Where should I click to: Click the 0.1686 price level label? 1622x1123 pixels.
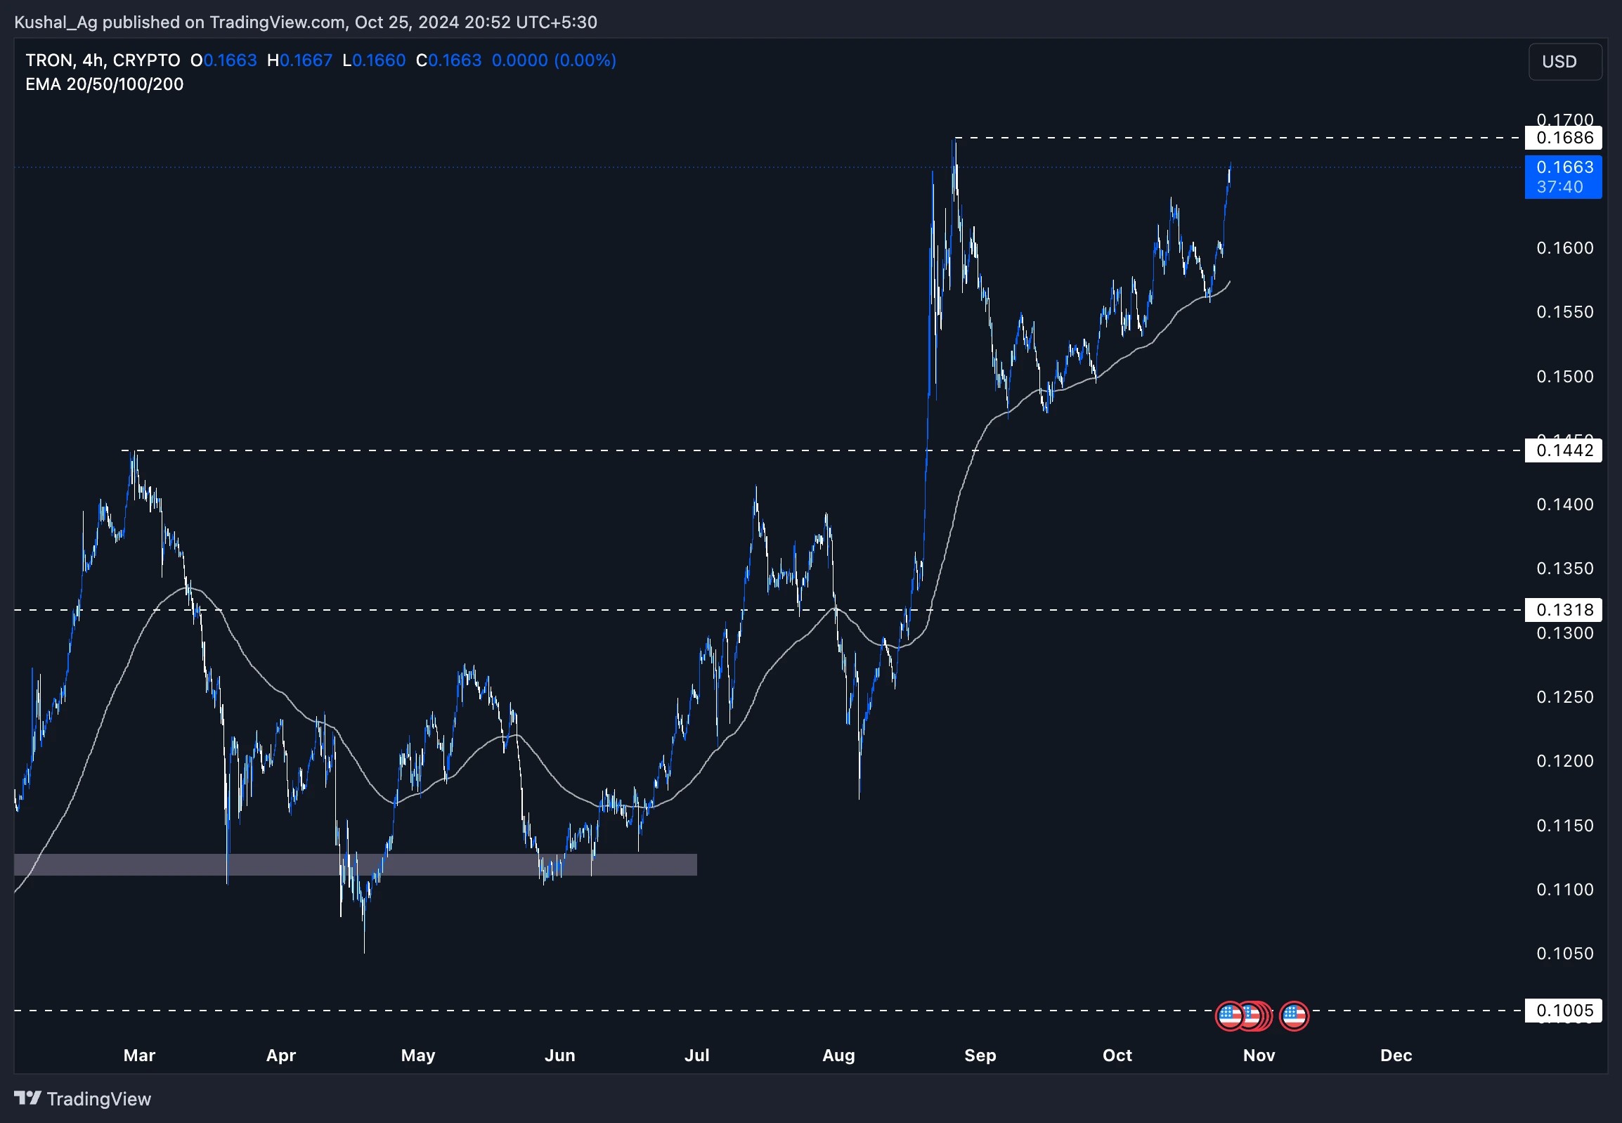click(1563, 137)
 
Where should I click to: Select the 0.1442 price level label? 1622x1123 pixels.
click(1563, 450)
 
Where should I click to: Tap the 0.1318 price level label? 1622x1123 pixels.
click(1563, 610)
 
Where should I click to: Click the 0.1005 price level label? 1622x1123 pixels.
click(1563, 1011)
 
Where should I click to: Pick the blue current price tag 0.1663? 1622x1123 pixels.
click(1563, 176)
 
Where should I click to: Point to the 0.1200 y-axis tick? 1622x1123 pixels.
click(1564, 761)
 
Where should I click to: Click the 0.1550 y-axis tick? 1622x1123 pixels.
click(1564, 312)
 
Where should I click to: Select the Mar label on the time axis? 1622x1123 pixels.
click(139, 1056)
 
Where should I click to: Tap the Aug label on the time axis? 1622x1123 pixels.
click(838, 1056)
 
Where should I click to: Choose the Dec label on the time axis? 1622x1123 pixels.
click(1396, 1056)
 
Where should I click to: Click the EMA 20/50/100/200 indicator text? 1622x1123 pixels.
click(104, 84)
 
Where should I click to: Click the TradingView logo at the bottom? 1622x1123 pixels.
click(82, 1099)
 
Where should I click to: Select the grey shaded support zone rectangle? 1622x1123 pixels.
click(356, 865)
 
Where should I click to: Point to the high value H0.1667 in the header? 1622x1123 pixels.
click(300, 60)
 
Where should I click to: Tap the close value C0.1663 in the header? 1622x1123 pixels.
click(449, 60)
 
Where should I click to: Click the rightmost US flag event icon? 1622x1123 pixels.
click(1293, 1016)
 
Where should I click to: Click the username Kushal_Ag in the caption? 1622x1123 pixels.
click(56, 22)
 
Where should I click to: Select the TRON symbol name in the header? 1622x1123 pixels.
click(48, 60)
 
